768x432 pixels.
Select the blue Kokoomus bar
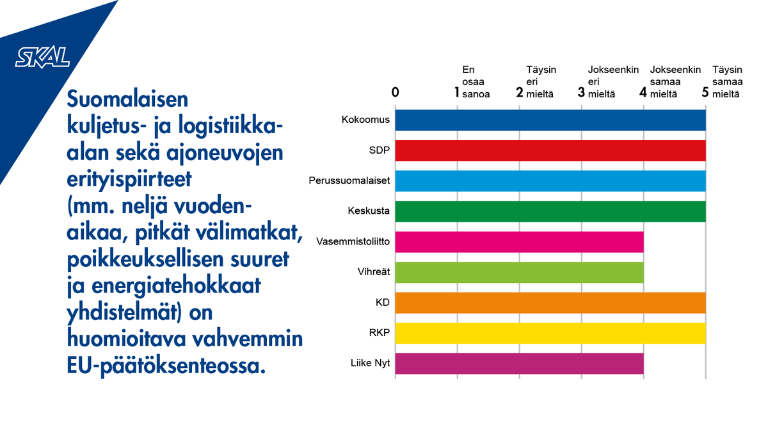pyautogui.click(x=550, y=120)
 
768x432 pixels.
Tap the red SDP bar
pyautogui.click(x=550, y=150)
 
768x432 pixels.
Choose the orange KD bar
pyautogui.click(x=550, y=302)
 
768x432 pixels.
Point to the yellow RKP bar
pyautogui.click(x=550, y=333)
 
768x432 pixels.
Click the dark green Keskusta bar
pyautogui.click(x=550, y=211)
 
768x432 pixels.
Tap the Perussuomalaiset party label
pyautogui.click(x=349, y=181)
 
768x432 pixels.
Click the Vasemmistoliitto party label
pyautogui.click(x=353, y=241)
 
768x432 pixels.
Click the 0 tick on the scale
pyautogui.click(x=396, y=92)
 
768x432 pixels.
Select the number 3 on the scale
pyautogui.click(x=581, y=92)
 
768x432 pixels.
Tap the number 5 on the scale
pyautogui.click(x=705, y=92)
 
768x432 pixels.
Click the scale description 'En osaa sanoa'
pyautogui.click(x=476, y=81)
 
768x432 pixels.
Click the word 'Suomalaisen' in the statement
pyautogui.click(x=127, y=100)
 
